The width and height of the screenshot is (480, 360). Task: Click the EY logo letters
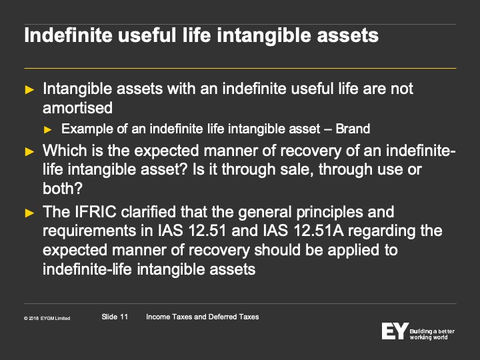395,331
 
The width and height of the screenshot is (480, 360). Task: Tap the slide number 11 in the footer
124,317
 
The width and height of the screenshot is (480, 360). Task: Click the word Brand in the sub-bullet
353,129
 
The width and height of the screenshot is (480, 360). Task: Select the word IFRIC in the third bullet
95,212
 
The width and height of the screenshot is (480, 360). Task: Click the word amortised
77,108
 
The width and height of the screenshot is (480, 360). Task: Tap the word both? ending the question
63,188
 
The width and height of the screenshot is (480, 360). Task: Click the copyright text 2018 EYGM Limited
47,319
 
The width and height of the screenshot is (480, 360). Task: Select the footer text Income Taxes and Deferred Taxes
203,317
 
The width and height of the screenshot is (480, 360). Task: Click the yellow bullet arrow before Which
29,151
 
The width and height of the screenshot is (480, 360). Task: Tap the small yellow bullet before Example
47,130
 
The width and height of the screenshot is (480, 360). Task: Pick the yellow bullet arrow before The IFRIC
29,213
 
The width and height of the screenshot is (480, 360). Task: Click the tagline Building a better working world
432,334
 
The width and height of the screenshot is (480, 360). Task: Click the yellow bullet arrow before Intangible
29,90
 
